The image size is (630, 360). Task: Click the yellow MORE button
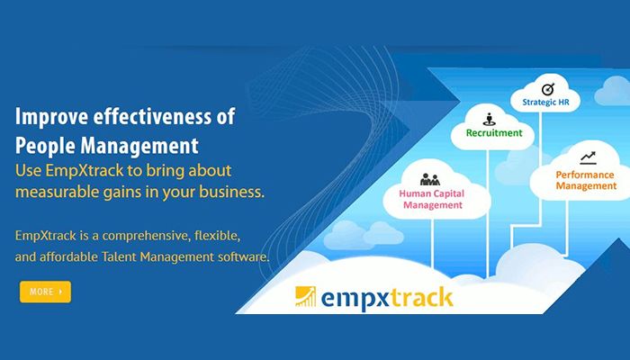point(45,292)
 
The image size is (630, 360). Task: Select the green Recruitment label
point(493,132)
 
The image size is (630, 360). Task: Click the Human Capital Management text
point(430,198)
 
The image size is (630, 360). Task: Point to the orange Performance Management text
point(585,179)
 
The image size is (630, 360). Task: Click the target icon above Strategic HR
point(548,88)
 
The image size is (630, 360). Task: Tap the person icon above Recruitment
point(490,117)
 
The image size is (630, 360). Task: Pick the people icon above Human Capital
point(429,176)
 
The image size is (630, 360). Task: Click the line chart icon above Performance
point(588,157)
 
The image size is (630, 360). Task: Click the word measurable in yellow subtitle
point(58,191)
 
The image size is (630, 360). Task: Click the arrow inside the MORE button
point(61,292)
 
